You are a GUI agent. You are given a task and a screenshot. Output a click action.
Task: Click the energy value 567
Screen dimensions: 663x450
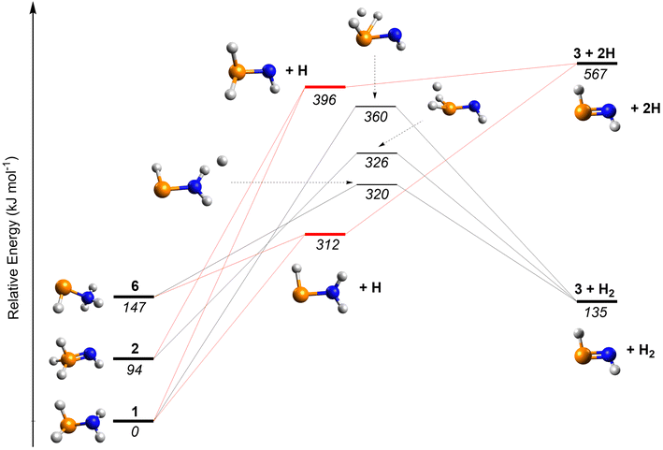click(596, 75)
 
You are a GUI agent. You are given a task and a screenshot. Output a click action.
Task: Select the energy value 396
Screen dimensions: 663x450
click(324, 100)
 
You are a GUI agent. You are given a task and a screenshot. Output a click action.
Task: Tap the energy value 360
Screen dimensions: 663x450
click(376, 116)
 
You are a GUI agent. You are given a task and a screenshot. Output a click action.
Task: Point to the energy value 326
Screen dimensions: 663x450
click(377, 163)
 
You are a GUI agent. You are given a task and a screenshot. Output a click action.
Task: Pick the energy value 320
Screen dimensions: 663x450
click(377, 194)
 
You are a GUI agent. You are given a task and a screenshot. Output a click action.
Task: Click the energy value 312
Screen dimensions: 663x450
click(327, 244)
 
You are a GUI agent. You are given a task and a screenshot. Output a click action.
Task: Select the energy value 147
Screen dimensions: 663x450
click(135, 308)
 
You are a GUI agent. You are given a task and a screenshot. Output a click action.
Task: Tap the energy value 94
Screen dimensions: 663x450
click(135, 370)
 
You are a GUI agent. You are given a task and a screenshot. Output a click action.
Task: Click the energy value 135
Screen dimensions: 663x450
click(596, 312)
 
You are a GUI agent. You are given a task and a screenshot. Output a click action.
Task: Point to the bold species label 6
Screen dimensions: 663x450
click(135, 286)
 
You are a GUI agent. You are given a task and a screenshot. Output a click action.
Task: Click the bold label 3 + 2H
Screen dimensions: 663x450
click(594, 53)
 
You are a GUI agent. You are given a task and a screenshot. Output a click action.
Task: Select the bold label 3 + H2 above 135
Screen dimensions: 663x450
click(595, 290)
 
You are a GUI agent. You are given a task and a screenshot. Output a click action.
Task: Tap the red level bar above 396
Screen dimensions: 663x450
click(325, 87)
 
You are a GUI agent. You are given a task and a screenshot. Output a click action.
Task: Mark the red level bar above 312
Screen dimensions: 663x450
click(325, 234)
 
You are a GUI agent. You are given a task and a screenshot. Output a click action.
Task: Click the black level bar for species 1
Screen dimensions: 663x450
click(133, 421)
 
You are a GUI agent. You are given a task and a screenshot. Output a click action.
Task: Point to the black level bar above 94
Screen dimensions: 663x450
click(133, 358)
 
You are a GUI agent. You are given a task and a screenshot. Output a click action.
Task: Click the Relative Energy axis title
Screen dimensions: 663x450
click(13, 239)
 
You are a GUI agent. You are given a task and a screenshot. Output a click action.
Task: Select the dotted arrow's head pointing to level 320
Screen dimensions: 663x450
click(350, 182)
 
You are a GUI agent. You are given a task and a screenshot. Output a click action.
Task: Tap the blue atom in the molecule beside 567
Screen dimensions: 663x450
click(609, 111)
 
